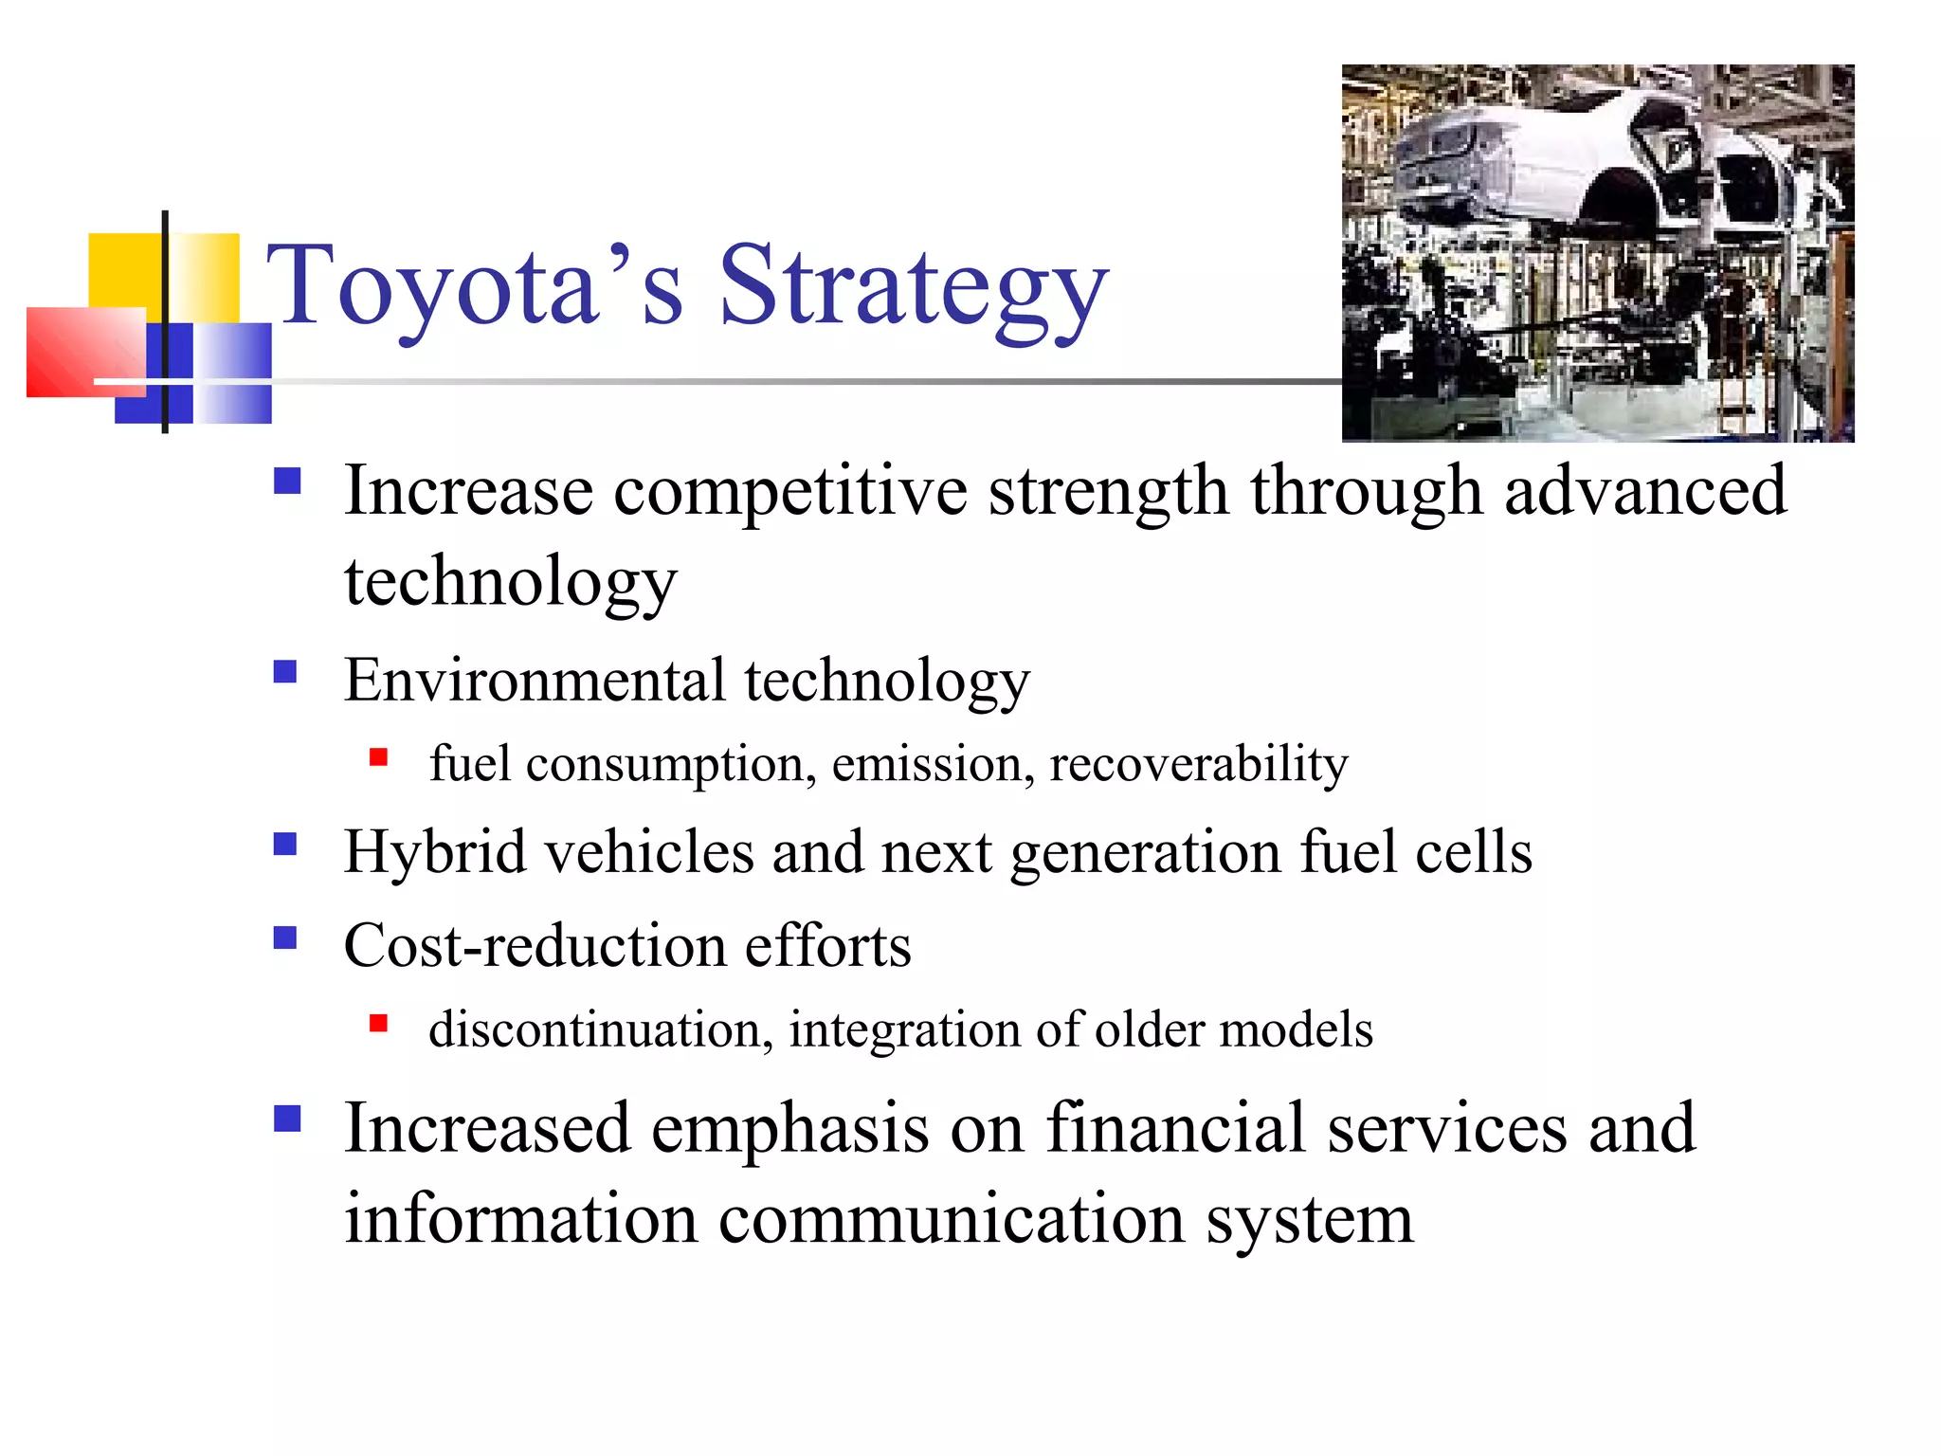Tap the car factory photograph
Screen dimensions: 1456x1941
tap(1597, 253)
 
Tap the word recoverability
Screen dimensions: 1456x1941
tap(1198, 764)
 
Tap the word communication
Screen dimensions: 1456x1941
tap(952, 1219)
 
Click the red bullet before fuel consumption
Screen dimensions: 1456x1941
tap(378, 756)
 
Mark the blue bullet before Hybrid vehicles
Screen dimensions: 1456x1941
tap(285, 844)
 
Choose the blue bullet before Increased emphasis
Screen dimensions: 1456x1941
tap(286, 1119)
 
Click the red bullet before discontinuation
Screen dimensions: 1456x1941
tap(378, 1023)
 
